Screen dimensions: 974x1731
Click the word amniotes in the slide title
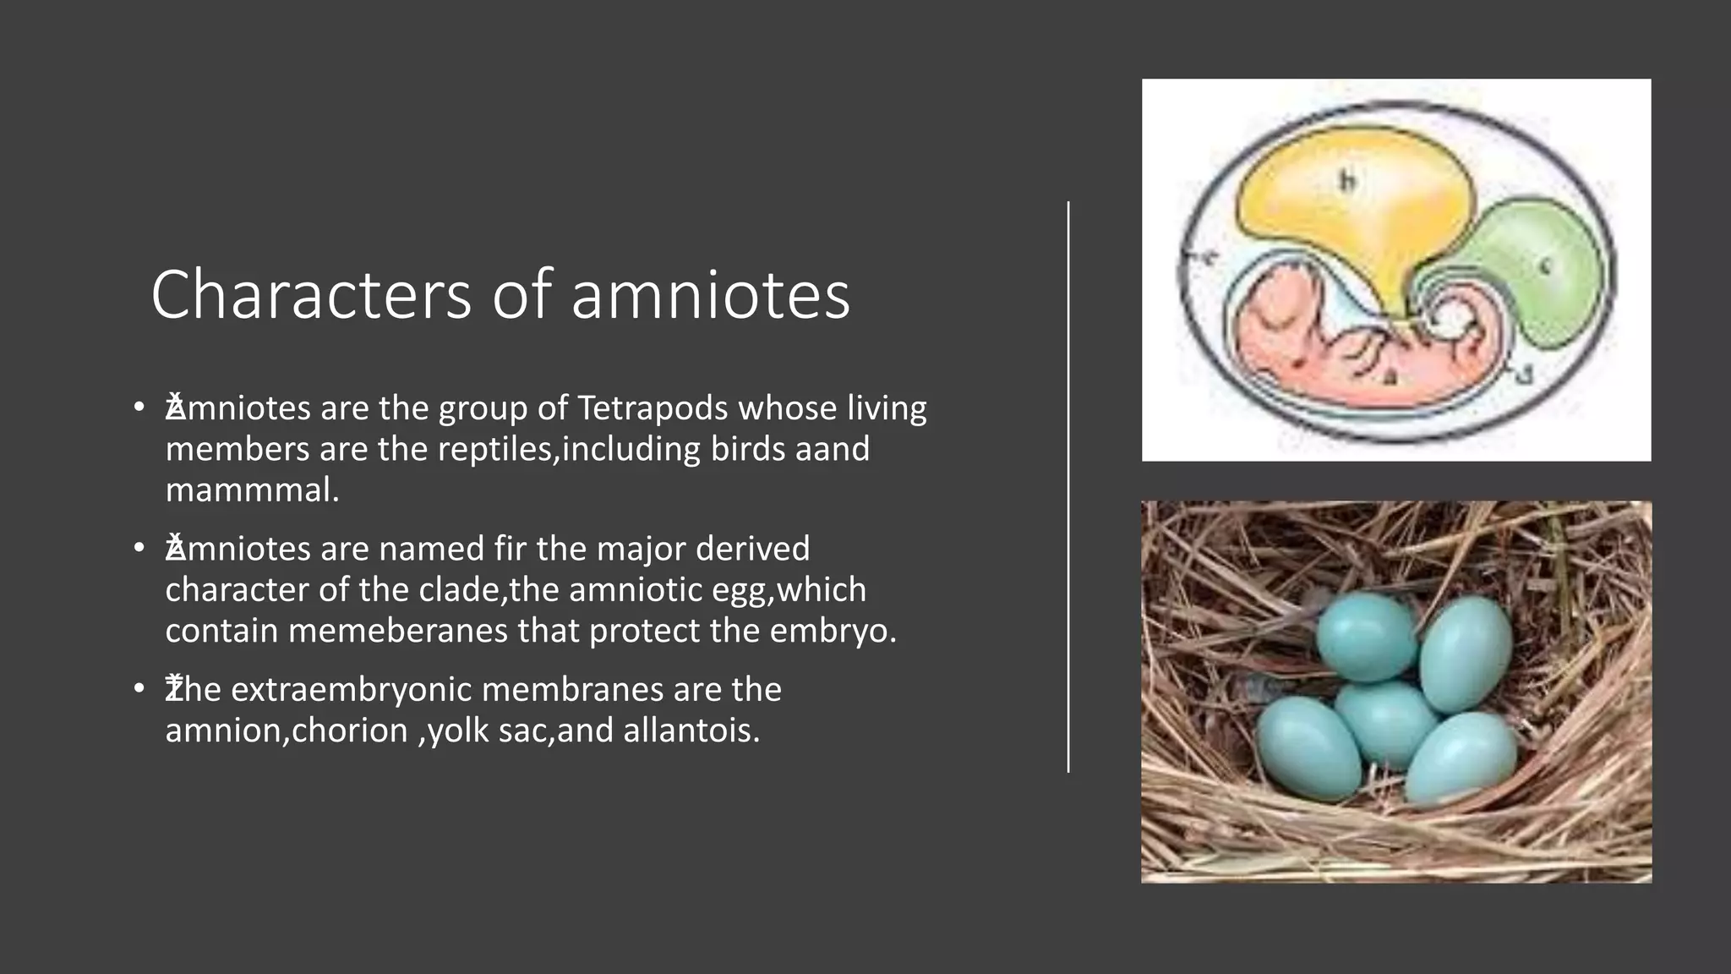click(710, 294)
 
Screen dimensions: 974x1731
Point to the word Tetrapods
click(653, 408)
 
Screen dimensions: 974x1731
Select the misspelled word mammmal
click(252, 490)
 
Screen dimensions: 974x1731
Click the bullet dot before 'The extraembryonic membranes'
click(139, 690)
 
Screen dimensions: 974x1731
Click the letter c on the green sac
click(1544, 267)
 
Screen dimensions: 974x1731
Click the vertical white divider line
click(1068, 487)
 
